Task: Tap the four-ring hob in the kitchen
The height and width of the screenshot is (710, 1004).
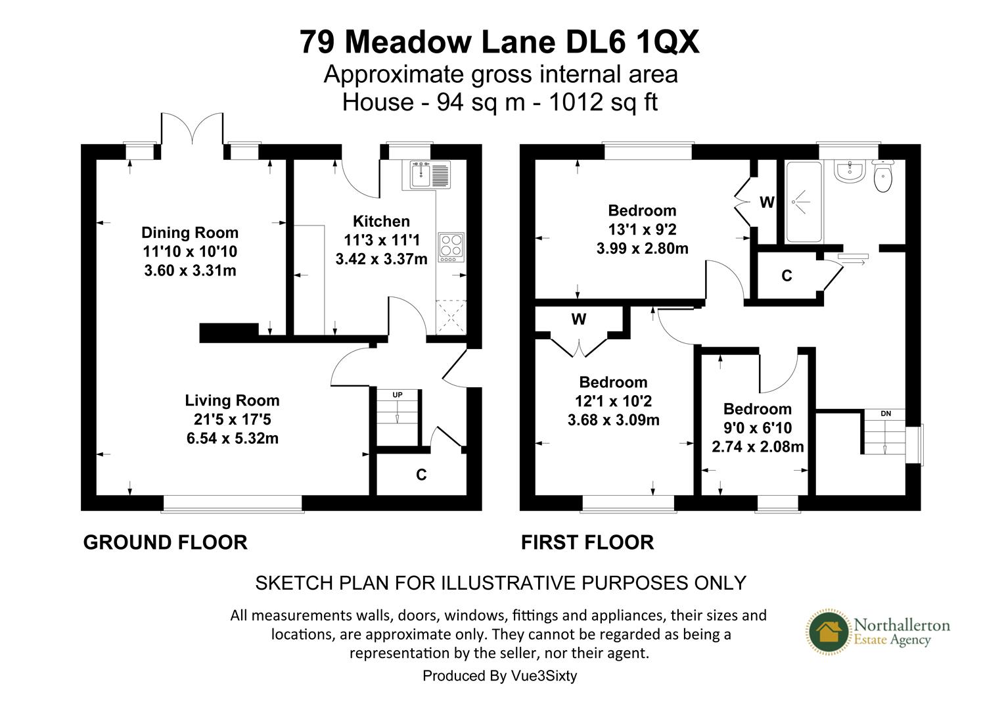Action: pos(451,247)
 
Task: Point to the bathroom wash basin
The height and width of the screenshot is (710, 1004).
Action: pos(850,171)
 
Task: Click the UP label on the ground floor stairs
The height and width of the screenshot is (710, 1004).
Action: pos(398,395)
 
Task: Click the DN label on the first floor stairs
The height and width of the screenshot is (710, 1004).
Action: pos(886,414)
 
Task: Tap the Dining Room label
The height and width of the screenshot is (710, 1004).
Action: pos(190,233)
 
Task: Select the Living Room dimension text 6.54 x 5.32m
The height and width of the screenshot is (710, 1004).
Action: pos(232,438)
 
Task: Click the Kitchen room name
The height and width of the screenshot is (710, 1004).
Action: pos(381,222)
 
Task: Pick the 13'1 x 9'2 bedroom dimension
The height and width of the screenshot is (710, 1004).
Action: pos(642,230)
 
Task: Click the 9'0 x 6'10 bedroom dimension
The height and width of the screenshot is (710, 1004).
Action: pos(758,428)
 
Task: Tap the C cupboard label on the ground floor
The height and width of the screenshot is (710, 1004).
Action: pos(421,475)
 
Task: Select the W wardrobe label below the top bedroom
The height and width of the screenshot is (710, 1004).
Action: pos(578,319)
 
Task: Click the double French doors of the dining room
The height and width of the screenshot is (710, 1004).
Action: pos(192,129)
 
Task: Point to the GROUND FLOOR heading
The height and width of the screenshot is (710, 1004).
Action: pos(165,542)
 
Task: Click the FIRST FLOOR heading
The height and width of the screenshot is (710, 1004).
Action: pos(587,542)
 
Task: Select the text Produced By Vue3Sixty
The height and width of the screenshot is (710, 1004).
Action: pos(499,676)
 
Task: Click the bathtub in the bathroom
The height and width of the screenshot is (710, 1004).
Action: pos(800,201)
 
